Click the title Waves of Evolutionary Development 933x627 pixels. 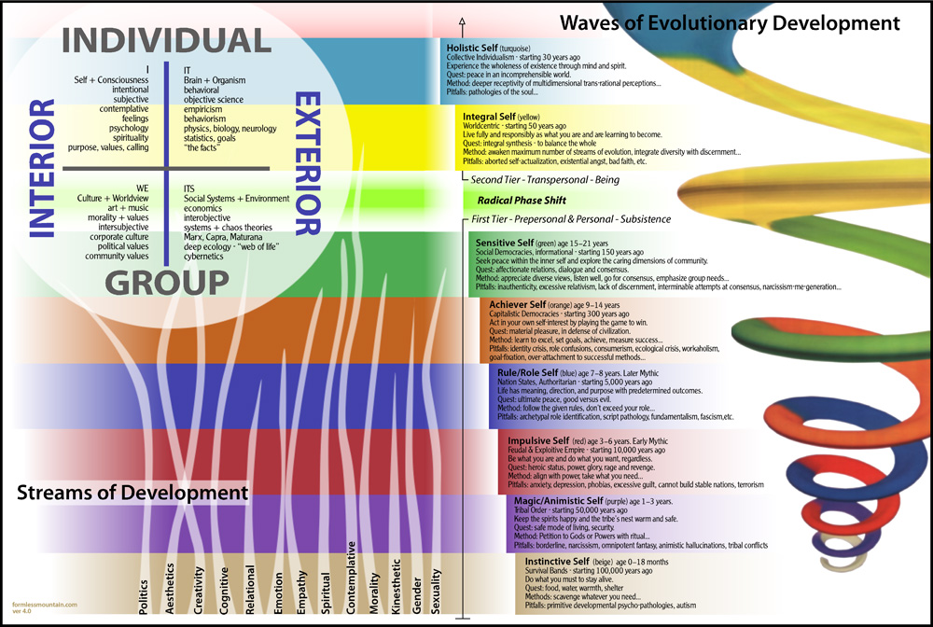point(728,23)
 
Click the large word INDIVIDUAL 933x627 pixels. point(165,40)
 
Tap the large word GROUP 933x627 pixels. point(167,282)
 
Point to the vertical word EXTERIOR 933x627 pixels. point(308,162)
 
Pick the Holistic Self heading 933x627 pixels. point(474,46)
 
